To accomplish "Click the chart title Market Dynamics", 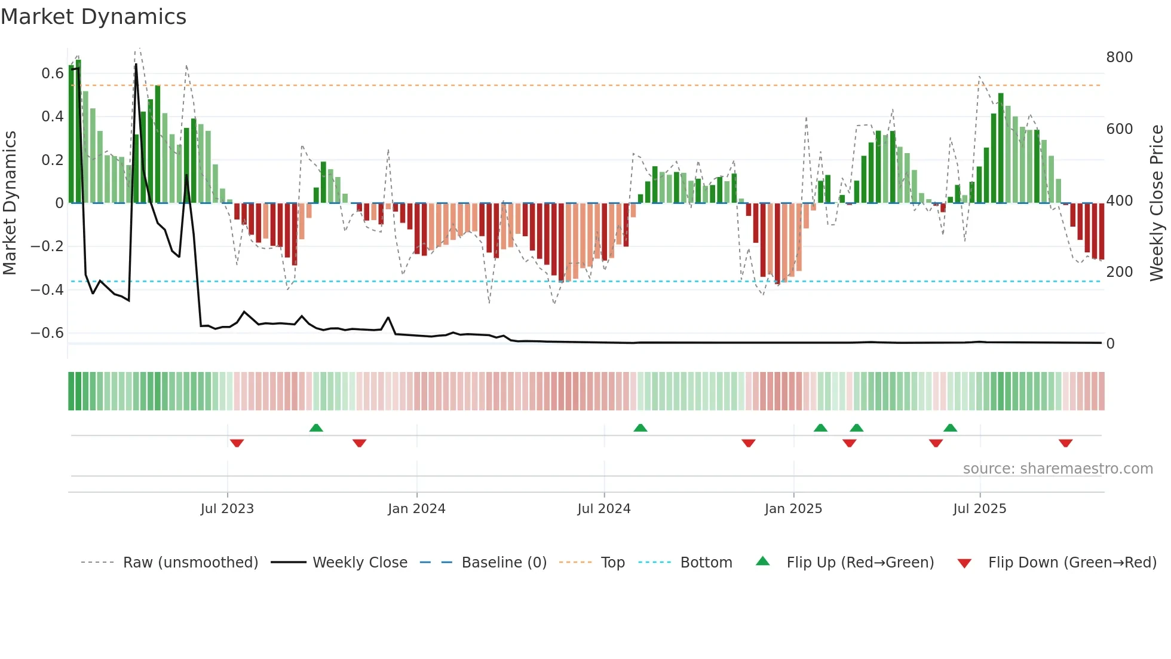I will click(94, 17).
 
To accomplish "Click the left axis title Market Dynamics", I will click(10, 203).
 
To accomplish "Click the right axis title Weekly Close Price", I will click(1157, 203).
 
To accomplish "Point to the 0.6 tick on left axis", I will click(52, 74).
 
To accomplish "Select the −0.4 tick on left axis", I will click(47, 289).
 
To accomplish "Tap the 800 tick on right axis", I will click(1119, 57).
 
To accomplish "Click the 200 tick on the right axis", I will click(1119, 272).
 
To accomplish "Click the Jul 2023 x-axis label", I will click(227, 509).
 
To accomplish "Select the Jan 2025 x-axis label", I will click(793, 509).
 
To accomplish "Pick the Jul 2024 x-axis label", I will click(603, 509).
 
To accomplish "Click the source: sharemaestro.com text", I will click(1057, 469).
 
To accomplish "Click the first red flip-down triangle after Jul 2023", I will click(237, 443).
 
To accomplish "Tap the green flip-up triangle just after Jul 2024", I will click(640, 428).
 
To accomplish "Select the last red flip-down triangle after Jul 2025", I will click(1065, 443).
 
